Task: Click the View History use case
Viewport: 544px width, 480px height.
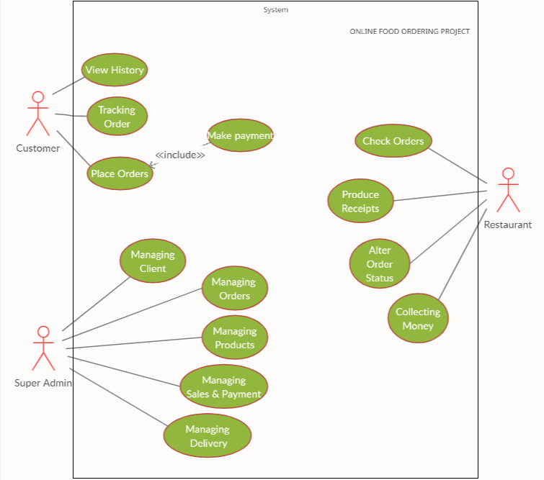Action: pyautogui.click(x=114, y=70)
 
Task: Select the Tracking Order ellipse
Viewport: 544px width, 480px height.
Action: pyautogui.click(x=117, y=117)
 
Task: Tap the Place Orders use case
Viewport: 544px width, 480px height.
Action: pyautogui.click(x=120, y=173)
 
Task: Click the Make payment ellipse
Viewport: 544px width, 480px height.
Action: pyautogui.click(x=239, y=135)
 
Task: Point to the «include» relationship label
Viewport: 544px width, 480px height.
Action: pyautogui.click(x=180, y=155)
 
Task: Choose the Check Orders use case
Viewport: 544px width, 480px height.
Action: pyautogui.click(x=393, y=141)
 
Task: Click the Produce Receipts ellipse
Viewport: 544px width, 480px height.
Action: pyautogui.click(x=360, y=201)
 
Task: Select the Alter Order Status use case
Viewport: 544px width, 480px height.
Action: pyautogui.click(x=379, y=264)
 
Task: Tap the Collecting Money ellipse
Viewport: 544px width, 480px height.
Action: pyautogui.click(x=418, y=318)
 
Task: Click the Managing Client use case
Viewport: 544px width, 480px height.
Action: pyautogui.click(x=153, y=261)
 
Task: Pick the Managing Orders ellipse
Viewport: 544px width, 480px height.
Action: pyautogui.click(x=234, y=289)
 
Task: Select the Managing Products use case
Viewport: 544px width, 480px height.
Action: pyautogui.click(x=234, y=338)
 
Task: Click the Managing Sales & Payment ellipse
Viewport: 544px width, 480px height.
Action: pyautogui.click(x=223, y=386)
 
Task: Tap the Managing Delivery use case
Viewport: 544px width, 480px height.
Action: pyautogui.click(x=208, y=435)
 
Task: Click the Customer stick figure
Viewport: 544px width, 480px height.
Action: pyautogui.click(x=37, y=114)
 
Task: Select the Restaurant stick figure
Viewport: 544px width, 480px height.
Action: pyautogui.click(x=508, y=190)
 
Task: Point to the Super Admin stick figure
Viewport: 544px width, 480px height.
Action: pyautogui.click(x=43, y=348)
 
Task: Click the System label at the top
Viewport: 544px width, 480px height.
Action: pyautogui.click(x=275, y=10)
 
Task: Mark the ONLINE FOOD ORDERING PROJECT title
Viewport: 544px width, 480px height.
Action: pyautogui.click(x=409, y=32)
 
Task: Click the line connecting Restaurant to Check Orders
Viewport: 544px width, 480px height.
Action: pyautogui.click(x=461, y=166)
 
